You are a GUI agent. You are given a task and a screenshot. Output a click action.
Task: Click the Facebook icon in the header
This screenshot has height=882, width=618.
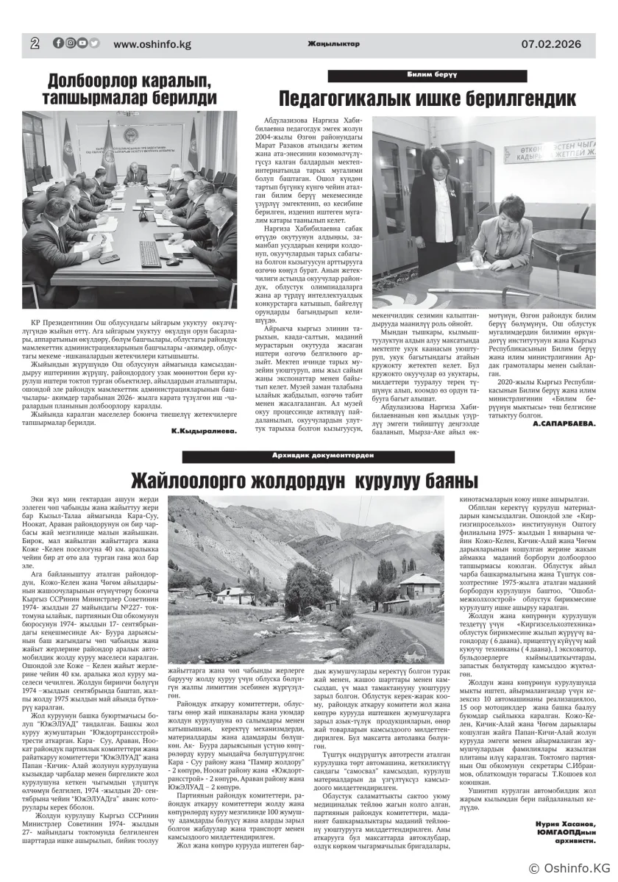coord(58,43)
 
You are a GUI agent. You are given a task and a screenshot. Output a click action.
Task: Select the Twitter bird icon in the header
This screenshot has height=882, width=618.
coord(94,43)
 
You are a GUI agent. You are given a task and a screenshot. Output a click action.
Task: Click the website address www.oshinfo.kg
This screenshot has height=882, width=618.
coord(152,44)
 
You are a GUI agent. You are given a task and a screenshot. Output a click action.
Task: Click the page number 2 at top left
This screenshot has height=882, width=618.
coord(35,43)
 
